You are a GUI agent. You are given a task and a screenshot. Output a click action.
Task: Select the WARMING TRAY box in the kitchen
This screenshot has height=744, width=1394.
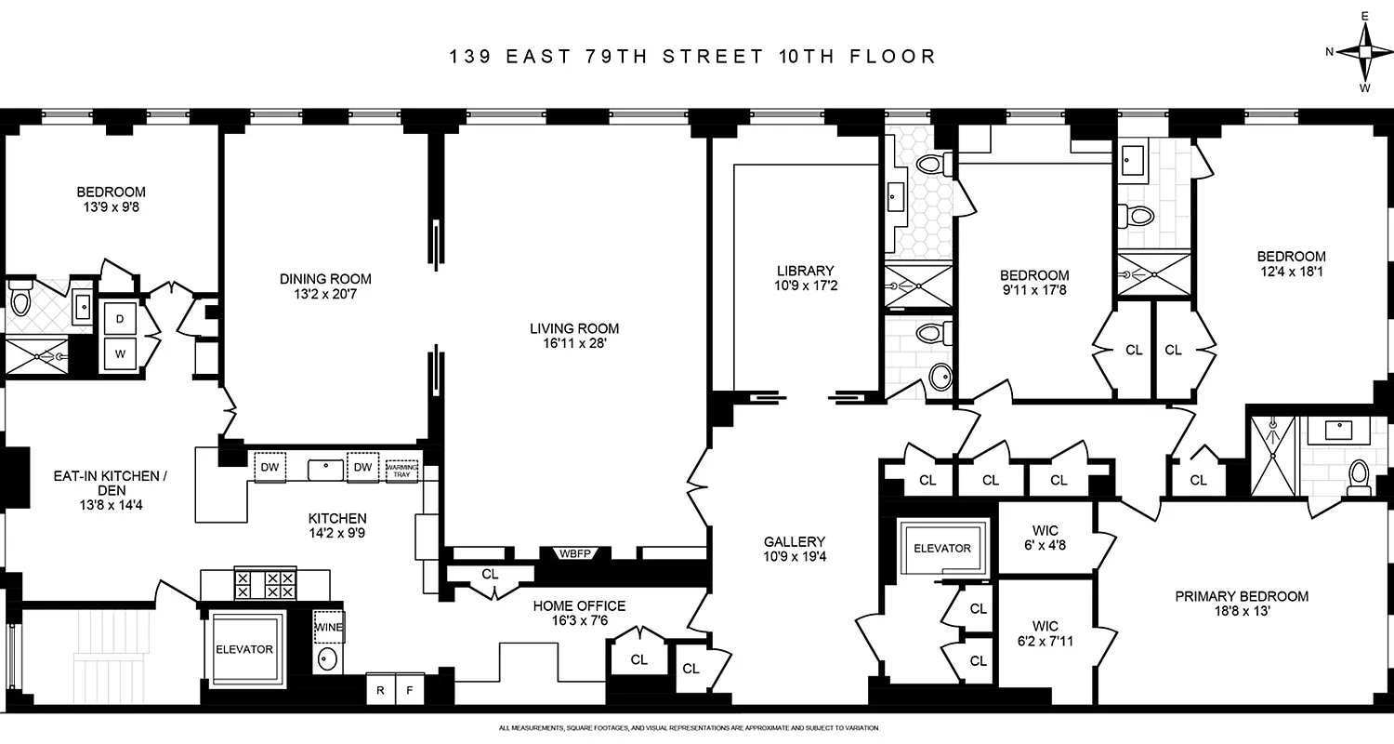[x=401, y=470]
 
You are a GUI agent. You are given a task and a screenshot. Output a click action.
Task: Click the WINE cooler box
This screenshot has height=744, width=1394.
[x=328, y=627]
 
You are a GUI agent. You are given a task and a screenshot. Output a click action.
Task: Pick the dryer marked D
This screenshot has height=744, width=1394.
[x=120, y=318]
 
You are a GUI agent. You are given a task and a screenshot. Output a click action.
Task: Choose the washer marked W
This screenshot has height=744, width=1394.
[x=120, y=353]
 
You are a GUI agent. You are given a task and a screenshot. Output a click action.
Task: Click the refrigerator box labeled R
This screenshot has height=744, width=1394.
[x=380, y=689]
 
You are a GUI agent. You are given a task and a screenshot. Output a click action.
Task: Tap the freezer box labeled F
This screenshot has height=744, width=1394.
[x=410, y=689]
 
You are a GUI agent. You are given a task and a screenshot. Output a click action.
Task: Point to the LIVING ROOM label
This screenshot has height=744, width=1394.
[x=573, y=328]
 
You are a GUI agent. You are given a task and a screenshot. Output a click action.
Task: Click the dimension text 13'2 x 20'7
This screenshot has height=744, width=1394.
[x=325, y=295]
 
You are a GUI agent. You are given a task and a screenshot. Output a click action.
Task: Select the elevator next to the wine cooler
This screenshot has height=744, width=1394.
[x=243, y=648]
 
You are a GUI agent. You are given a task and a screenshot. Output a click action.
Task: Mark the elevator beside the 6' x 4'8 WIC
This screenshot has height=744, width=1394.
[x=940, y=548]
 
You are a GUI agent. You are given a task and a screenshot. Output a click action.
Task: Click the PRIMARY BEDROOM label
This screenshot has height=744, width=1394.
[x=1255, y=596]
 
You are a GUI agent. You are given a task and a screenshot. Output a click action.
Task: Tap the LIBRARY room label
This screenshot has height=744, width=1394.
[x=793, y=271]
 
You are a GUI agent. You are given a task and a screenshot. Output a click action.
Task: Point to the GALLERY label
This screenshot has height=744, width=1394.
[x=795, y=541]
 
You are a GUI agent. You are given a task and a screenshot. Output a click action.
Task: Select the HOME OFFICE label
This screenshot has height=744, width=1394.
[x=579, y=605]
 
